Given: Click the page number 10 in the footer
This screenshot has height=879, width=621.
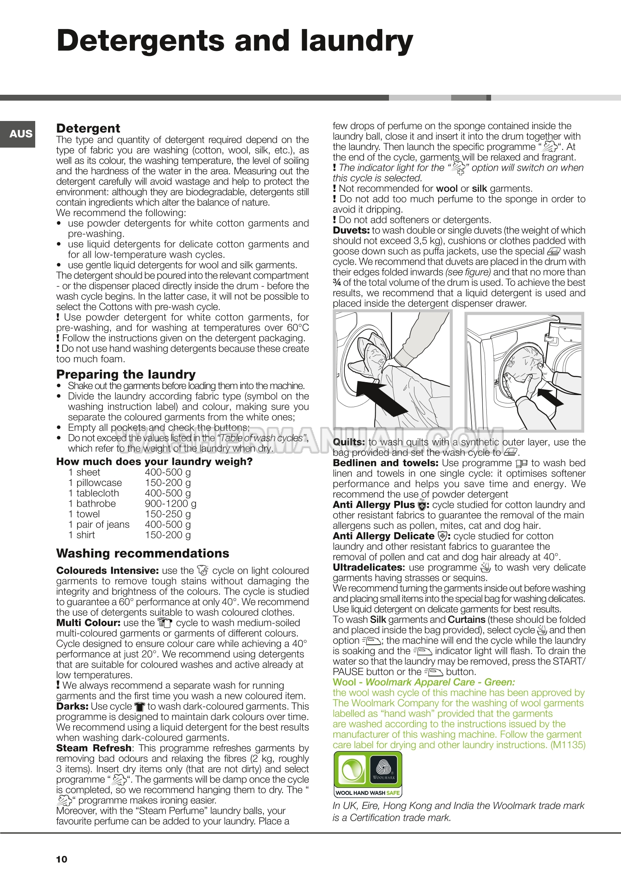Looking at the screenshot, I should click(x=62, y=859).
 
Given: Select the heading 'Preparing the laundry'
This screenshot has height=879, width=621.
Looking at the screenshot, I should click(x=126, y=374).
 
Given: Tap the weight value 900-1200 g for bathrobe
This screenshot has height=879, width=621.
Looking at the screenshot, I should click(x=171, y=504).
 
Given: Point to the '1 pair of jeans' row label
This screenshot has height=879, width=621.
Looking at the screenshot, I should click(x=99, y=524).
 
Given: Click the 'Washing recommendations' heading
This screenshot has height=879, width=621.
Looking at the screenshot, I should click(x=142, y=553).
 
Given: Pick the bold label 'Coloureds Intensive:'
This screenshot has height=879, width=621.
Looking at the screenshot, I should click(x=107, y=571).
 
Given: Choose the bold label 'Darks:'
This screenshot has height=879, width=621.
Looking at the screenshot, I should click(x=72, y=706).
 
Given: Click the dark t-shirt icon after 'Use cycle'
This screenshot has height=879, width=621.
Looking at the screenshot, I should click(x=139, y=707).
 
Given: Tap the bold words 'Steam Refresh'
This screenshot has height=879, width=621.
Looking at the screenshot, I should click(x=94, y=748).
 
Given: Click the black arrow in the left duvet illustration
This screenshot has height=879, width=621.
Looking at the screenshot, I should click(x=377, y=395).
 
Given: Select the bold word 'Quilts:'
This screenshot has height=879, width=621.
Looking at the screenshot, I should click(x=349, y=442).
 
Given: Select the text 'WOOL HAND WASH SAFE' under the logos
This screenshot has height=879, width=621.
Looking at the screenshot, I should click(x=367, y=793).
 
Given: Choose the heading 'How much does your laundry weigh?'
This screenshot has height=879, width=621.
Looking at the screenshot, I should click(x=154, y=462).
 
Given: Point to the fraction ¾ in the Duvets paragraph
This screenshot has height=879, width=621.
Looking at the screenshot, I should click(x=337, y=283).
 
